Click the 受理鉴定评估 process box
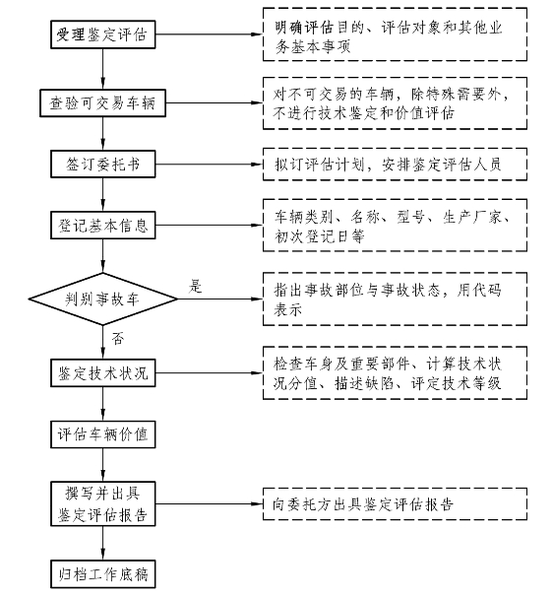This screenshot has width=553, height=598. (103, 34)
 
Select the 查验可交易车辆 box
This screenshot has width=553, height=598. (103, 103)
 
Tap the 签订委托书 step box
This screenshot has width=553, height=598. (103, 164)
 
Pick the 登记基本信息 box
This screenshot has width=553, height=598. (103, 225)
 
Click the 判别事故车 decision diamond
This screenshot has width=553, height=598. (103, 299)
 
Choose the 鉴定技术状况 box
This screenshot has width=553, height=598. (103, 372)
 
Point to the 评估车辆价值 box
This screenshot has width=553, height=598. (103, 434)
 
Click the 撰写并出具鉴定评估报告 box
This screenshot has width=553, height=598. (103, 503)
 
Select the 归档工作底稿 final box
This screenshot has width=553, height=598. (103, 574)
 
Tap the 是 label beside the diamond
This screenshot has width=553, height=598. (196, 286)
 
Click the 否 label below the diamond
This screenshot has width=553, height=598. (118, 338)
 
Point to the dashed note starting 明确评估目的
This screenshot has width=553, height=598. (395, 34)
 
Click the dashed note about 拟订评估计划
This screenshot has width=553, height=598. (395, 164)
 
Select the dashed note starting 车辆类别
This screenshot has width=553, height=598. (395, 225)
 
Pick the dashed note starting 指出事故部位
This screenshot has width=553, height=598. (395, 299)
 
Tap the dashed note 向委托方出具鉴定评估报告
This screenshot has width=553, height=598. (395, 503)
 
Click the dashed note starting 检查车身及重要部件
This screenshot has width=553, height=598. (395, 372)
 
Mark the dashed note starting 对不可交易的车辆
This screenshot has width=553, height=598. (395, 103)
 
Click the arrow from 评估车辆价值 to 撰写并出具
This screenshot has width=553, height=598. (103, 465)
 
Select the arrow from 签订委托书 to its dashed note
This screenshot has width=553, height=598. (209, 165)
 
